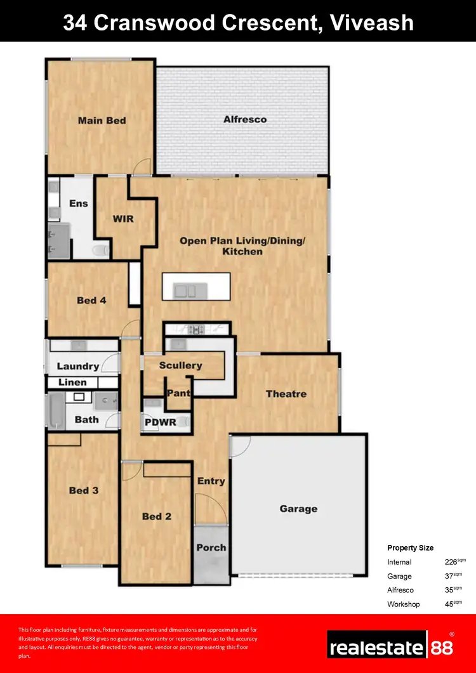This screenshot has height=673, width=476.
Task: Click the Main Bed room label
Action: pos(102,121)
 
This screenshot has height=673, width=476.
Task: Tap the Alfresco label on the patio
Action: pos(244,119)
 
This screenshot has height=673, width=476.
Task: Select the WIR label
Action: pos(123,219)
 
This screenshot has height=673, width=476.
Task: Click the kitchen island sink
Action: pos(187,291)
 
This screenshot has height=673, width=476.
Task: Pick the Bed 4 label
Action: pos(91,300)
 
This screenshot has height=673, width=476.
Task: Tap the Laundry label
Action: pos(77,366)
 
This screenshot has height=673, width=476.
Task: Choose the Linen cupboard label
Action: pos(72,382)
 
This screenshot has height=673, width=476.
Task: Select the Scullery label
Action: pos(180,365)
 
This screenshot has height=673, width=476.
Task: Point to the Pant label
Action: pos(178,393)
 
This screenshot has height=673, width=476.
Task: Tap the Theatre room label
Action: pos(286,394)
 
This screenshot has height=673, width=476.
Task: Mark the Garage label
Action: pos(298,509)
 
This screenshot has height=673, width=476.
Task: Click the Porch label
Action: pos(211,547)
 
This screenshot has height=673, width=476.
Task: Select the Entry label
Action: pos(211,481)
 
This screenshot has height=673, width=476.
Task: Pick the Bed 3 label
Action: pos(83,490)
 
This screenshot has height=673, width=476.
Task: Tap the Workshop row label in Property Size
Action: pos(404,604)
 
